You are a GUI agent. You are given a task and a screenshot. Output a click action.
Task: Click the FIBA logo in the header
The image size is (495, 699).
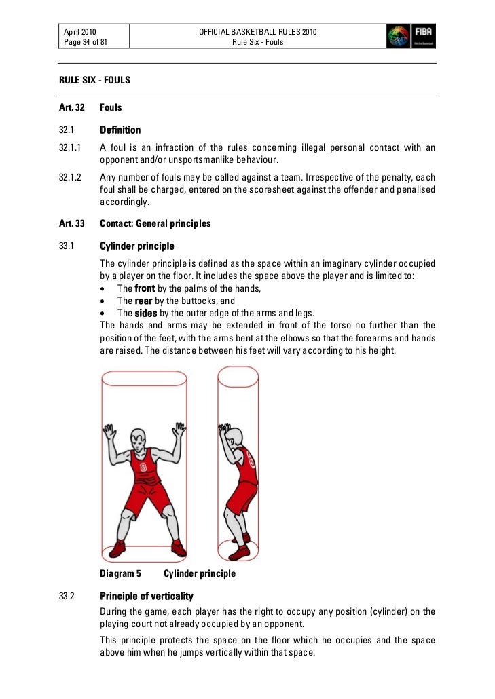coord(411,36)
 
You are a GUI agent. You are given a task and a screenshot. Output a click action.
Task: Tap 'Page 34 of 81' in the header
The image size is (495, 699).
coord(86,42)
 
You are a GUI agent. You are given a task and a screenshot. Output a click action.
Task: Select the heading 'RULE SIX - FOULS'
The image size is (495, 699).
coord(95,81)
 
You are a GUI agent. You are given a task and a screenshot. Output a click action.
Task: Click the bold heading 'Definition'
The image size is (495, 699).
coord(120,130)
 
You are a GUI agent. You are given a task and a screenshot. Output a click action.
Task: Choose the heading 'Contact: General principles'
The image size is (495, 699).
coord(155,223)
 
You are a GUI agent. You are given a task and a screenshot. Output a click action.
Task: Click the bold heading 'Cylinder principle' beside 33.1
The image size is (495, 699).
coord(137,246)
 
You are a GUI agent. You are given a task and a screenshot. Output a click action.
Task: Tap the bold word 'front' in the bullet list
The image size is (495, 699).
coord(145,288)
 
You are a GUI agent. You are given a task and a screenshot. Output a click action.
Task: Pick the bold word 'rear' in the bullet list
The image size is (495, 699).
coord(144,301)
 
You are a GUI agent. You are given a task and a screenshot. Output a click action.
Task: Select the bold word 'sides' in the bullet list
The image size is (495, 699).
coord(146,313)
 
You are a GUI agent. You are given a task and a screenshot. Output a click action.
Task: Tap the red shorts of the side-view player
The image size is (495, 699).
coord(241,499)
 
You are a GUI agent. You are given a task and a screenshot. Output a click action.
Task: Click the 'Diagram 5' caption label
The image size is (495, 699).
coord(120,573)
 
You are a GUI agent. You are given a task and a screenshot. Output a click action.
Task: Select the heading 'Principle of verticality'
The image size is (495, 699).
coord(146,597)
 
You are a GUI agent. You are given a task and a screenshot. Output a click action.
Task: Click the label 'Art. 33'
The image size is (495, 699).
coord(71,223)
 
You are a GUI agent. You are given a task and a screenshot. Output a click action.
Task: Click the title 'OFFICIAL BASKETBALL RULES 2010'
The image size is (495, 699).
coord(257,32)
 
